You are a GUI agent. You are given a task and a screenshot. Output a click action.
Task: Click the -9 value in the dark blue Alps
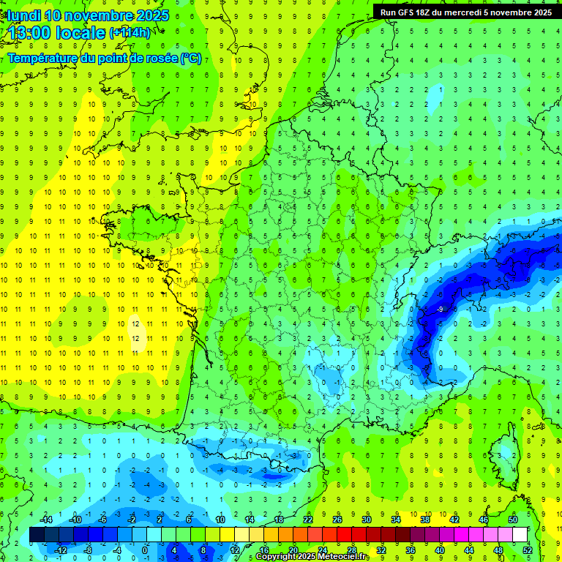439,310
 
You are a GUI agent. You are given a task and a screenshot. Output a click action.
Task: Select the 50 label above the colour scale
513,520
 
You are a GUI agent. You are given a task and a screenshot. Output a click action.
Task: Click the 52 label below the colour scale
528,550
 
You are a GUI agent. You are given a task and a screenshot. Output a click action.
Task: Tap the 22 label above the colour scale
308,520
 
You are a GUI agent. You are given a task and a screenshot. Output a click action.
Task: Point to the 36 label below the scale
411,550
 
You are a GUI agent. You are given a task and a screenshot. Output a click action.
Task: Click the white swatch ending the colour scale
520,535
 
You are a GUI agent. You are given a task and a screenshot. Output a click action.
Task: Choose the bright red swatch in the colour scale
345,535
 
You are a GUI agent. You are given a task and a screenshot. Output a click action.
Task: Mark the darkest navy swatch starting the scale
37,535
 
